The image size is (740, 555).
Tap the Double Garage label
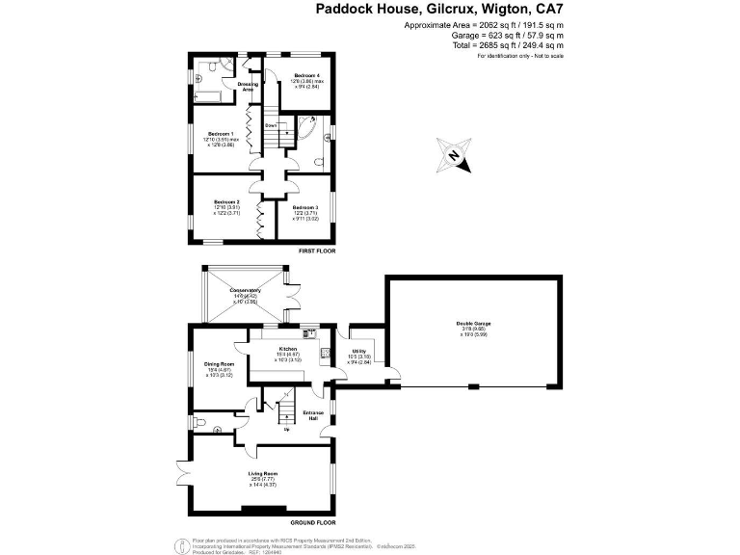(473, 324)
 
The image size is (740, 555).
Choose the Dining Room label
(217, 362)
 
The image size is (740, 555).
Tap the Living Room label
(263, 473)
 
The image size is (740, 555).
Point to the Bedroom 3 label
(305, 207)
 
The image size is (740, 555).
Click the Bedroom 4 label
(306, 75)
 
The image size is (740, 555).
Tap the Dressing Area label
(248, 86)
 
